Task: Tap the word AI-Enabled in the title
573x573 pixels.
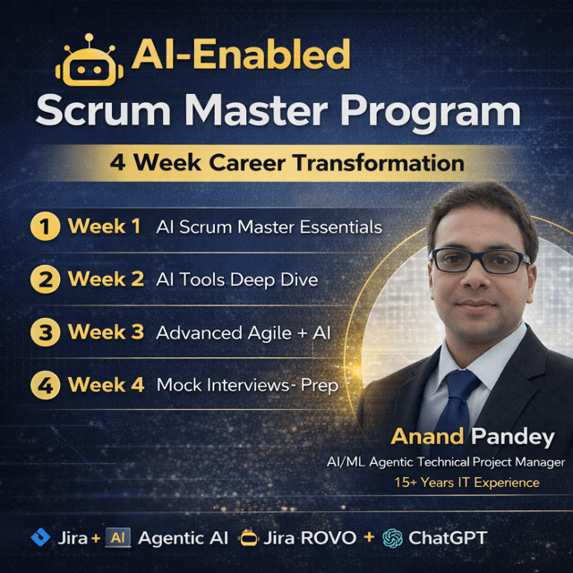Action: click(x=241, y=54)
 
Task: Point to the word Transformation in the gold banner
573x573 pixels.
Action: click(x=379, y=163)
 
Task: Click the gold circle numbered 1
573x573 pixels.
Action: click(x=46, y=227)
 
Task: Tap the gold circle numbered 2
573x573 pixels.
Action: click(x=46, y=279)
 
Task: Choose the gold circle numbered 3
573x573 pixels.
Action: click(x=46, y=332)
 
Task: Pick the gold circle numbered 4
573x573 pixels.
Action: click(x=46, y=385)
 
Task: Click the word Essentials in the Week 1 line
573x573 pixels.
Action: click(x=341, y=227)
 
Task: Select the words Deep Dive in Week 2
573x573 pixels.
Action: click(x=274, y=280)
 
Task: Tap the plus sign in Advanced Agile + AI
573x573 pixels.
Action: click(x=302, y=334)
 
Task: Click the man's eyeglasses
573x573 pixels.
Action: click(x=480, y=261)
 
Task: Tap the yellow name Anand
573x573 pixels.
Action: click(x=427, y=437)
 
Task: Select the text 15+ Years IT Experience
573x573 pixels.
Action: click(x=467, y=483)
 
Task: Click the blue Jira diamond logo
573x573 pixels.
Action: click(x=40, y=537)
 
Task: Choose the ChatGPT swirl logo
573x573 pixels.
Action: click(x=392, y=538)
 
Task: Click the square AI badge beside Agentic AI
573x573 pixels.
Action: click(x=117, y=537)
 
